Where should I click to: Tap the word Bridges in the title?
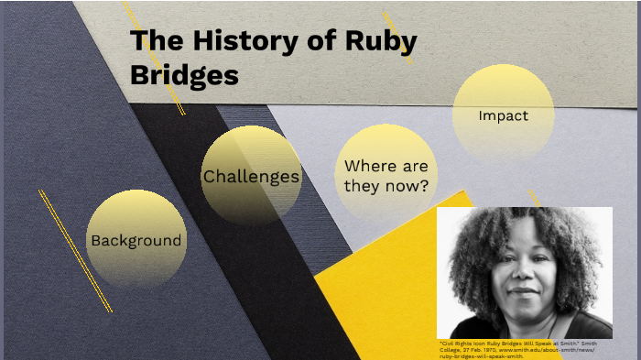(x=184, y=75)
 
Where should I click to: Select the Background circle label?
(x=136, y=241)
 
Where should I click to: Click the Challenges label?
(x=251, y=177)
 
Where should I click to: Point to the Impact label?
(x=503, y=116)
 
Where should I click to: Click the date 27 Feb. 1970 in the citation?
(x=476, y=349)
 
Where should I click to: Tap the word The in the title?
(x=151, y=42)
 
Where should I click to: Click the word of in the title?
(x=310, y=42)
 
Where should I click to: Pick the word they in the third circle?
(x=362, y=186)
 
